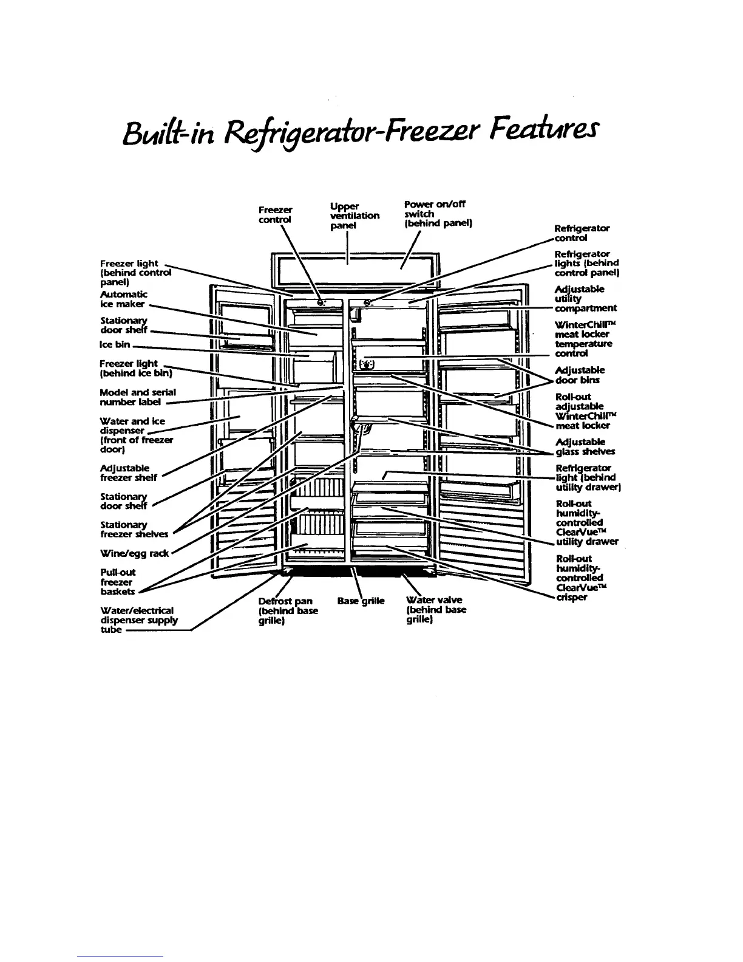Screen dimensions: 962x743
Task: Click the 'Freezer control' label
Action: coord(275,214)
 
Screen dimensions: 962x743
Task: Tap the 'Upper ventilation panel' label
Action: coord(355,216)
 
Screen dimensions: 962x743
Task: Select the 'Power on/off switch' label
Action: coord(437,214)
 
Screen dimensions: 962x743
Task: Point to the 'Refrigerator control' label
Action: coord(582,233)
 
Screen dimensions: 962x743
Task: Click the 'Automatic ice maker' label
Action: coord(123,299)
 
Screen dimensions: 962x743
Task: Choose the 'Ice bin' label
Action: coord(114,344)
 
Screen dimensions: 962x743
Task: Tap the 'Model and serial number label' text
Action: coord(137,397)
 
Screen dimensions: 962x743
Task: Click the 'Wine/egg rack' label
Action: coord(135,553)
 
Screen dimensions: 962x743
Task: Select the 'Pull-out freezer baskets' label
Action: coord(118,582)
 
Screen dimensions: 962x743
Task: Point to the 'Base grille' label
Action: coord(361,601)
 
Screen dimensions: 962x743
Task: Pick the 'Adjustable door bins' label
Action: coord(580,375)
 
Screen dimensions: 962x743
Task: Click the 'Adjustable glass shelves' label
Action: coord(585,447)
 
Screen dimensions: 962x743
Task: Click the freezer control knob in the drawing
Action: coord(321,302)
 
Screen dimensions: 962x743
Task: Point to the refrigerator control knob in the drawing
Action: coord(367,302)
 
